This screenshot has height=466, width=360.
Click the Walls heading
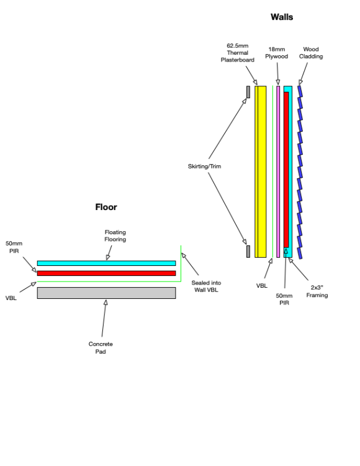(282, 17)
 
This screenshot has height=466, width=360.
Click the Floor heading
(106, 207)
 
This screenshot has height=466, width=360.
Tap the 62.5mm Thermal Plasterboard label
(238, 53)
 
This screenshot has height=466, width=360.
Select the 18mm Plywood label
(277, 53)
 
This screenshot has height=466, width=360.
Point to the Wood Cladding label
(311, 53)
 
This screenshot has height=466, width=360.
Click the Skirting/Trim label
(204, 166)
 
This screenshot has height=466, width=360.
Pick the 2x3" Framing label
(317, 291)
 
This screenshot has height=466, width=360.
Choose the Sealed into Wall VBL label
(206, 286)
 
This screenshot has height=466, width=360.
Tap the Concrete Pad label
(101, 347)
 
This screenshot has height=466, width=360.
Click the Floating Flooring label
(115, 235)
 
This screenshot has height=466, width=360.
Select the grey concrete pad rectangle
(106, 293)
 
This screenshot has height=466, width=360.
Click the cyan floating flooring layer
(106, 263)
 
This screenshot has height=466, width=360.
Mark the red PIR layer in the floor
(106, 273)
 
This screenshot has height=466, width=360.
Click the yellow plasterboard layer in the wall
(261, 171)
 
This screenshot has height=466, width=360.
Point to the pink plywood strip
(278, 171)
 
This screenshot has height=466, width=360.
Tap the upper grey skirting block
(248, 92)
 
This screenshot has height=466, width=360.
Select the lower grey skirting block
(248, 252)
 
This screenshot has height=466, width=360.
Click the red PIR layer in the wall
(286, 170)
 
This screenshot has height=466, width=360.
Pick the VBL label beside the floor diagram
(11, 298)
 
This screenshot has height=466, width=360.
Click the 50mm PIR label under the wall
(284, 299)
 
